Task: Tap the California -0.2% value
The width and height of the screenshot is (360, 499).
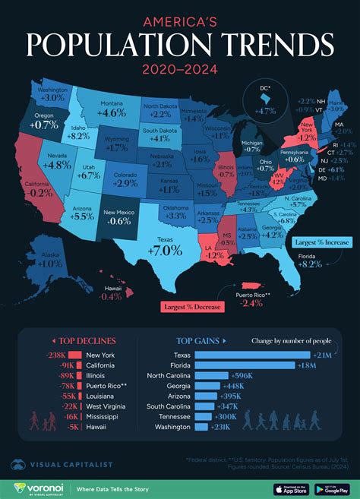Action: (38, 193)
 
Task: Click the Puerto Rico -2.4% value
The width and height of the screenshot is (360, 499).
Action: (251, 302)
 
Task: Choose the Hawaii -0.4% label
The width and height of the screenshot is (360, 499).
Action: (112, 296)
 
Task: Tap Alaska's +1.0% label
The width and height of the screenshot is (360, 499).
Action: (49, 264)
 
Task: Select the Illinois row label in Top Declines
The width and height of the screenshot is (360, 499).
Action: (97, 375)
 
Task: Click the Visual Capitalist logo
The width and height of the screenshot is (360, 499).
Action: (61, 464)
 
